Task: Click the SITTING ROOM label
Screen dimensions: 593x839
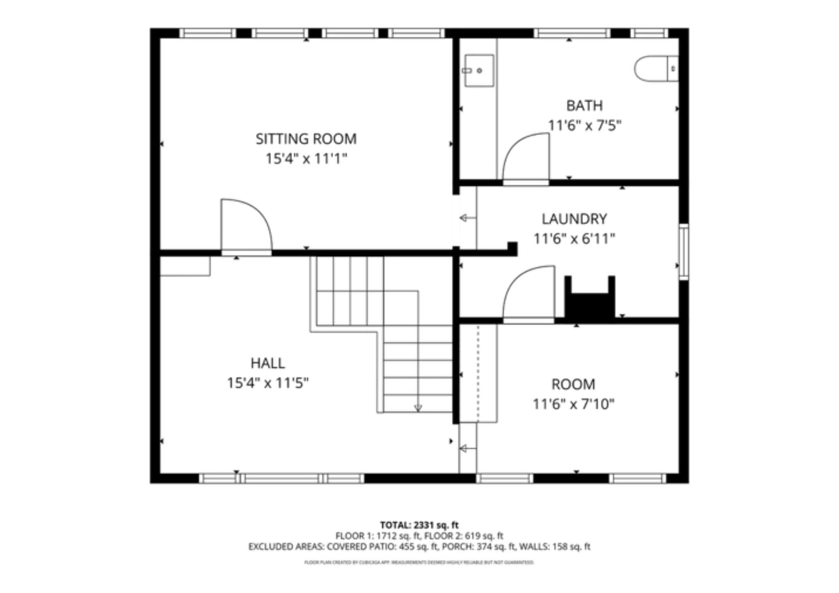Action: point(306,139)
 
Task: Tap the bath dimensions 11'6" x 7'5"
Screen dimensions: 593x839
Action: point(584,125)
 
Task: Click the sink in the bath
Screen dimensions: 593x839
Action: point(478,70)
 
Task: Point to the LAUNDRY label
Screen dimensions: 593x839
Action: point(574,219)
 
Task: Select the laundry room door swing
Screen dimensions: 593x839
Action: point(528,291)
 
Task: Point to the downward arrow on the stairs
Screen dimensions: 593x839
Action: point(418,407)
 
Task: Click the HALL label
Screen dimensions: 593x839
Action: point(268,363)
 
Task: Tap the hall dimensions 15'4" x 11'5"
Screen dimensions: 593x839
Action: point(268,383)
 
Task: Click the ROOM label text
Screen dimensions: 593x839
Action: point(573,384)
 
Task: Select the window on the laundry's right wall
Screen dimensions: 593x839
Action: point(683,252)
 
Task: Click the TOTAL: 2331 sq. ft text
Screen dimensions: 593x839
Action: point(419,525)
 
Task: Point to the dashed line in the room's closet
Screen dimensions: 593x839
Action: point(478,373)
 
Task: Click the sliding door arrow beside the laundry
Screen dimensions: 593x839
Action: point(467,218)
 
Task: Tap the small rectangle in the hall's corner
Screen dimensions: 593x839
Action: point(185,266)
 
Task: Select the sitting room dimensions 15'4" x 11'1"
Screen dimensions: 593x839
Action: point(306,159)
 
